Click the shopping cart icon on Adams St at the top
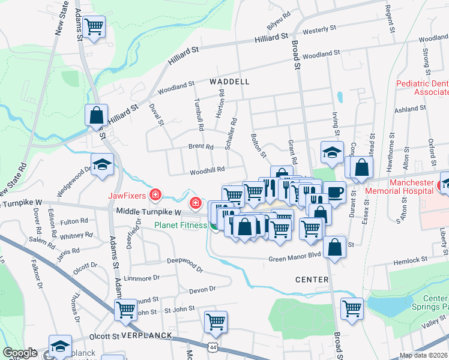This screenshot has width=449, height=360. (x=94, y=27)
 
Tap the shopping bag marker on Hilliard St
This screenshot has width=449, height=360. (x=96, y=114)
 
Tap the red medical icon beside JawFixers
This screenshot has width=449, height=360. (x=155, y=194)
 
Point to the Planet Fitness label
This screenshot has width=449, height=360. (x=179, y=225)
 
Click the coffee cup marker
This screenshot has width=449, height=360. (x=334, y=192)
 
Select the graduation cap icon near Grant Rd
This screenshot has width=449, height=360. (x=331, y=152)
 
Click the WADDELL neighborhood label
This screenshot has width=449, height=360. (x=229, y=81)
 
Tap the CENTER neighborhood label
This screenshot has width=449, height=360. (x=312, y=280)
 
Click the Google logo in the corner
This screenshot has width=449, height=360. (x=20, y=352)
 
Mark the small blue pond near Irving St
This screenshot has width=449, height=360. (x=340, y=97)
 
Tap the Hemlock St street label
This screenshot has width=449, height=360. (x=410, y=260)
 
